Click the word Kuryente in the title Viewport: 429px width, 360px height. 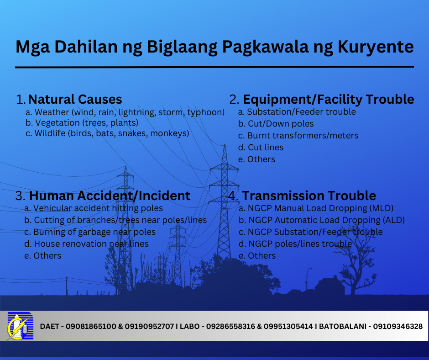pos(375,47)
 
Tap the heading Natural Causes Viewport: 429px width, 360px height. pos(75,99)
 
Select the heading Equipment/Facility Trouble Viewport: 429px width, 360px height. pos(328,99)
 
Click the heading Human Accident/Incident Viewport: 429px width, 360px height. pos(110,196)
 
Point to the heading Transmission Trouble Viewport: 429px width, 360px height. pos(309,196)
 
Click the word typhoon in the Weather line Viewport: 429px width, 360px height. pos(206,112)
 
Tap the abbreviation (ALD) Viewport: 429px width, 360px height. pos(394,220)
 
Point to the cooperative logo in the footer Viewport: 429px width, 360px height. pos(20,326)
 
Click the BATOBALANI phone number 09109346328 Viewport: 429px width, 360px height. pos(398,327)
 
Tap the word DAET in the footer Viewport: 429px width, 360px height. pos(50,327)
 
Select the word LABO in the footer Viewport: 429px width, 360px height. pos(189,327)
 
